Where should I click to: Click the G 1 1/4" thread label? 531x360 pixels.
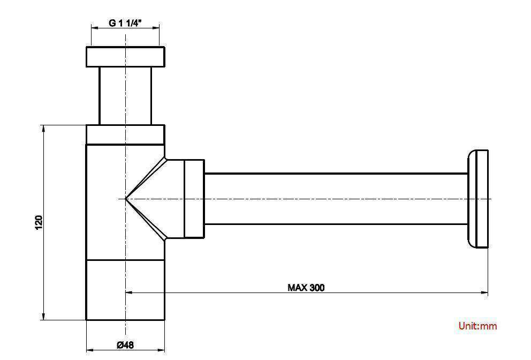pos(125,23)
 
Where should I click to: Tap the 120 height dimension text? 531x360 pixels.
pos(39,222)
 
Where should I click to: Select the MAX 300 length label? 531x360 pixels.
pos(306,288)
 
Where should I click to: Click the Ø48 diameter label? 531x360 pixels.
pos(125,346)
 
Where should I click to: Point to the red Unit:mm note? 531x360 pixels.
pos(477,326)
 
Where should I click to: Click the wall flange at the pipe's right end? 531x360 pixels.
pos(479,199)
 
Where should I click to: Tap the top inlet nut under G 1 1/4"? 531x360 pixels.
pos(125,57)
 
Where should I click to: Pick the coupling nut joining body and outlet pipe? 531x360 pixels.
pos(194,199)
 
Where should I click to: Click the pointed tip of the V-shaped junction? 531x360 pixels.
pos(126,199)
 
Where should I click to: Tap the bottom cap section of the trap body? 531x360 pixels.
pos(125,290)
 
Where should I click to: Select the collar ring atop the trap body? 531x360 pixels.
pos(125,134)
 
